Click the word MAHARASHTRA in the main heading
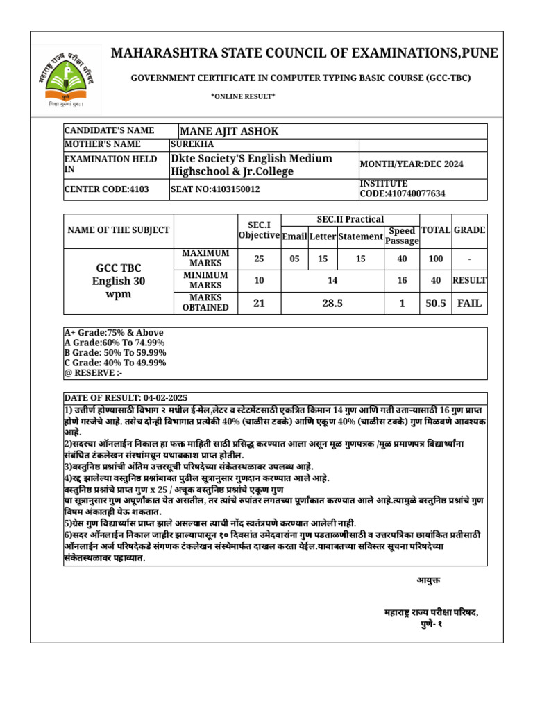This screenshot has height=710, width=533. click(x=164, y=54)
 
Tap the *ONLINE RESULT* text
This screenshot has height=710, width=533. click(x=243, y=96)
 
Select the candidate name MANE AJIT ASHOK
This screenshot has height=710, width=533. click(x=229, y=132)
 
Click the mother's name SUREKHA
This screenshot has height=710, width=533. click(x=192, y=144)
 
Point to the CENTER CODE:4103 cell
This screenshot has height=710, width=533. click(x=106, y=189)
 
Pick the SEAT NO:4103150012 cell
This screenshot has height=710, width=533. click(x=215, y=189)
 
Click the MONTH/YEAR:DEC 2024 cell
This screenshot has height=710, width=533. click(x=412, y=164)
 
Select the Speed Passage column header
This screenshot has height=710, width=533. click(x=402, y=236)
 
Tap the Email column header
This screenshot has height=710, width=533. click(x=294, y=236)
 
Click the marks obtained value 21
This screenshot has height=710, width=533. click(x=258, y=303)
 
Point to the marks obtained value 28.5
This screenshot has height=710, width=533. click(x=332, y=303)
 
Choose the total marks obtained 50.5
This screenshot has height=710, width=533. click(x=436, y=303)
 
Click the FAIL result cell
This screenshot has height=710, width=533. click(x=469, y=303)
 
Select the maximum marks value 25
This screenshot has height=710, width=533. click(x=258, y=259)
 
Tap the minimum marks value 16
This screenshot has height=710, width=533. click(x=402, y=280)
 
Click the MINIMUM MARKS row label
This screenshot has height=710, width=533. click(x=205, y=280)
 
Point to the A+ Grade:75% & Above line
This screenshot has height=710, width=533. click(x=114, y=333)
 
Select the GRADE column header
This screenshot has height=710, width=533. click(x=469, y=230)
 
